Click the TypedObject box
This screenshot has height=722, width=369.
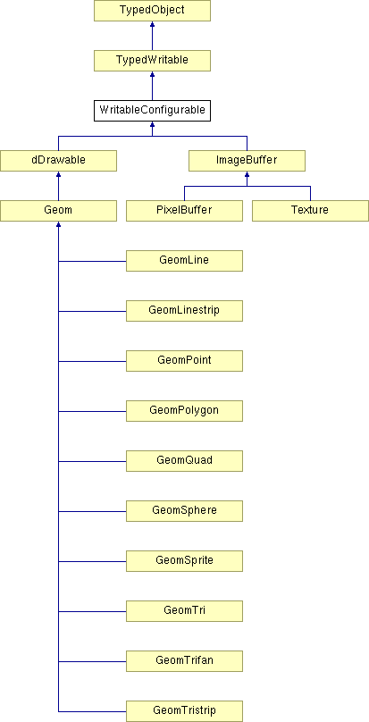pos(152,11)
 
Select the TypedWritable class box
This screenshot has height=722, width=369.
pos(152,61)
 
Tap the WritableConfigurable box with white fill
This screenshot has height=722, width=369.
pos(152,111)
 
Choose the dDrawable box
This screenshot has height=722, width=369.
pos(58,161)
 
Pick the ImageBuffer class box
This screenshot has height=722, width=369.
pos(247,161)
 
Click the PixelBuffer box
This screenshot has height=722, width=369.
pos(184,210)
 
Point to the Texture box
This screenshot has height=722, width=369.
pos(310,210)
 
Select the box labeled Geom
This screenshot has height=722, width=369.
pos(58,210)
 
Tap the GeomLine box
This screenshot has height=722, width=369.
pos(184,261)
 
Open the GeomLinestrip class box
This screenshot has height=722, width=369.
pos(184,311)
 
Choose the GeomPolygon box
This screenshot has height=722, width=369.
pos(184,411)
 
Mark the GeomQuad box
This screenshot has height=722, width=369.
pos(184,460)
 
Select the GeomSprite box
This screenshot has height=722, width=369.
pos(184,561)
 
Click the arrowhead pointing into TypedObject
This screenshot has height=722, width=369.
pos(152,24)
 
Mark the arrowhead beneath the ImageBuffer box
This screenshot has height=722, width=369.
pos(247,174)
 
